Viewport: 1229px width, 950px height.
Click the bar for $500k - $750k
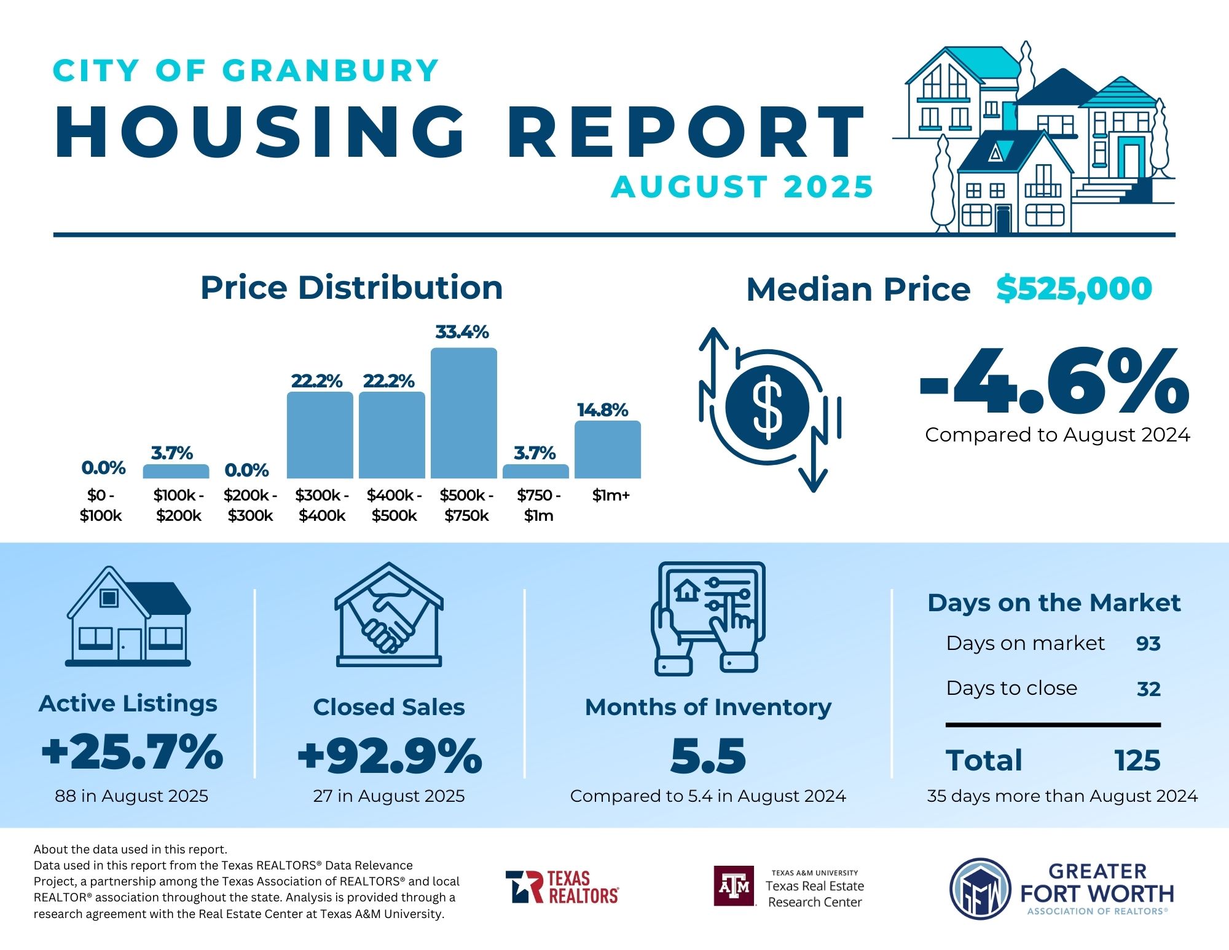463,413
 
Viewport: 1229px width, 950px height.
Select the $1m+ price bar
607,449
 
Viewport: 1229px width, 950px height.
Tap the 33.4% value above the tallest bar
462,332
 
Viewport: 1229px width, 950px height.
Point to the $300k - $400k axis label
322,505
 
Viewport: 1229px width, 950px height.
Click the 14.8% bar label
602,410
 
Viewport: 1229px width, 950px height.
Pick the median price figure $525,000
1074,288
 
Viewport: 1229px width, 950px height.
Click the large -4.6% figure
1054,381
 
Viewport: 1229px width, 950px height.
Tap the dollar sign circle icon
768,407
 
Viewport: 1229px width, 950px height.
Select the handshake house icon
389,614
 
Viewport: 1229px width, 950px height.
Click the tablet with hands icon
709,617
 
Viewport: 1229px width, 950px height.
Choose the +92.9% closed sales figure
390,756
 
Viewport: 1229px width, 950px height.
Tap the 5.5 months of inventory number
708,756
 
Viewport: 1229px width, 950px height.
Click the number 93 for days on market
1148,644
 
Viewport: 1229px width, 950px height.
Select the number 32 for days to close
1148,689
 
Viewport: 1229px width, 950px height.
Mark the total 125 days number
1137,761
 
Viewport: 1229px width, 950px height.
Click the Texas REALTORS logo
562,887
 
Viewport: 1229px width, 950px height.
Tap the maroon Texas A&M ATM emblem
734,886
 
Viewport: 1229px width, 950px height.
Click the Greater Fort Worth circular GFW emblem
980,889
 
